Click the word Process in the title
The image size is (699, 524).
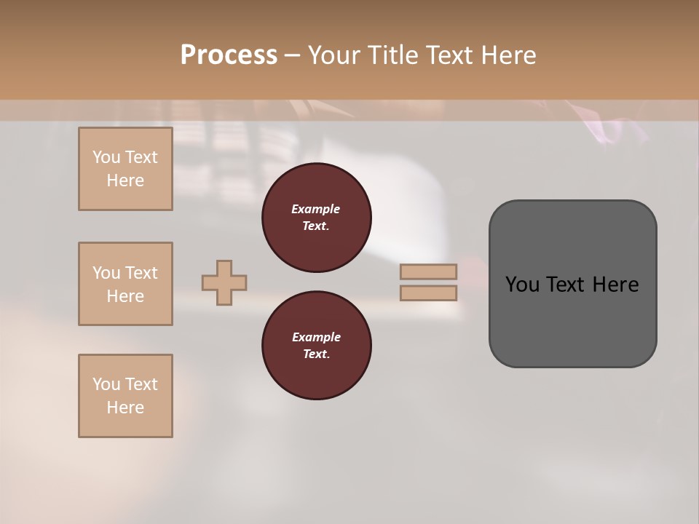tap(229, 55)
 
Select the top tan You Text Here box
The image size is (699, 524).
tap(125, 169)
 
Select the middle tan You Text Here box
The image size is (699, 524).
tap(125, 284)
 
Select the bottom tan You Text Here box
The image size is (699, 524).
tap(125, 396)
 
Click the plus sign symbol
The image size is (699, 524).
tap(224, 282)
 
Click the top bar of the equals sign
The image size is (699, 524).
tap(428, 271)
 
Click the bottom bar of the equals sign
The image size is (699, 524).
tap(428, 293)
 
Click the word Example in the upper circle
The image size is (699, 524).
tap(316, 209)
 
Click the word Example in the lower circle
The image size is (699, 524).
tap(316, 337)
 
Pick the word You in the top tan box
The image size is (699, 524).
tap(106, 157)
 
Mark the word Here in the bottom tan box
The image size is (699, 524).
tap(125, 408)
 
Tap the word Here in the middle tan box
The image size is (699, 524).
tap(125, 296)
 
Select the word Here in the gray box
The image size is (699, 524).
tap(615, 285)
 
